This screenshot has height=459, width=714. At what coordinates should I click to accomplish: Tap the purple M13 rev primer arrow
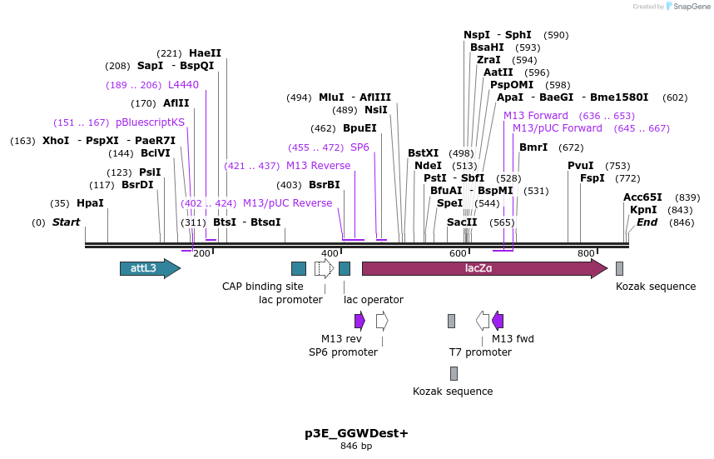click(359, 321)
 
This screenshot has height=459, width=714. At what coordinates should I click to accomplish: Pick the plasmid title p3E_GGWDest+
click(356, 433)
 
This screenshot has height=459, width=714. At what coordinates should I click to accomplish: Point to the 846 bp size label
click(356, 447)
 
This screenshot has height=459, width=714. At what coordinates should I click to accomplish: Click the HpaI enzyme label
click(90, 203)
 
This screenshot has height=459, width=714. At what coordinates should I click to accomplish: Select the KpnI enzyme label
click(643, 210)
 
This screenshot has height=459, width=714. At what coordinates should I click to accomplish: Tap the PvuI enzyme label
click(581, 166)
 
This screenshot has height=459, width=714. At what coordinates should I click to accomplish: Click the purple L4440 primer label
click(183, 85)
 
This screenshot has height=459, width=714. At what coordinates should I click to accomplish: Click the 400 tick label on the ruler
click(330, 253)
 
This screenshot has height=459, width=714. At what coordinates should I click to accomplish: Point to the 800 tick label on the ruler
click(586, 253)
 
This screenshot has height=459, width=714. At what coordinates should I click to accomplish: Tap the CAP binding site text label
click(262, 287)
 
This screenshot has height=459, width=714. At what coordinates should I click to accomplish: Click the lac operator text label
click(374, 300)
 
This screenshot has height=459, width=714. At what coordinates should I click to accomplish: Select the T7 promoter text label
click(480, 352)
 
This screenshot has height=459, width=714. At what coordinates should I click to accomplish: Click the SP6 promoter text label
click(343, 352)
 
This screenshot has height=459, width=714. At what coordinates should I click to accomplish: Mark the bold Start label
click(66, 222)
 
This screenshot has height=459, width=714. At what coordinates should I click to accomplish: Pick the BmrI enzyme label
click(533, 147)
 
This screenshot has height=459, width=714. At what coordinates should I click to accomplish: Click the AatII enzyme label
click(498, 72)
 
